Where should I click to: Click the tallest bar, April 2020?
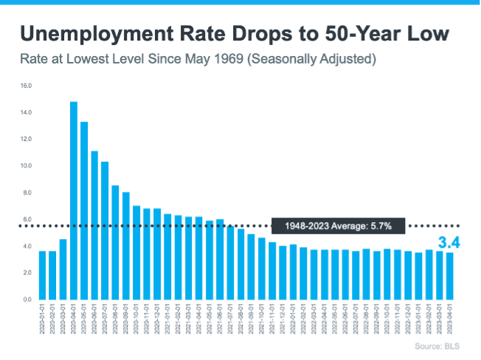click(x=74, y=201)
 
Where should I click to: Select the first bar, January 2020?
click(x=42, y=274)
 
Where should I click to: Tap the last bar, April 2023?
click(x=450, y=275)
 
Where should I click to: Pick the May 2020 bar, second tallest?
click(x=84, y=210)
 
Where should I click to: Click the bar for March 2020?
click(x=63, y=269)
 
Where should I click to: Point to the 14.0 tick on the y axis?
click(x=27, y=112)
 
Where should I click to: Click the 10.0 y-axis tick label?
click(x=27, y=166)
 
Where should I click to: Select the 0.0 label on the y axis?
click(x=27, y=300)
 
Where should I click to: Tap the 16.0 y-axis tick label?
click(x=27, y=86)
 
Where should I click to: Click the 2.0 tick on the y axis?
click(x=27, y=273)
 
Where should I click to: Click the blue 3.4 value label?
click(x=450, y=242)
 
